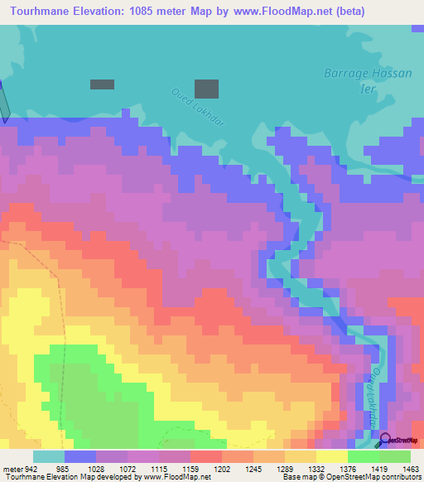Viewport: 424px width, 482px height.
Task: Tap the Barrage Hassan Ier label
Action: tap(367, 80)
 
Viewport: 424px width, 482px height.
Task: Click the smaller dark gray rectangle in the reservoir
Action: tap(102, 84)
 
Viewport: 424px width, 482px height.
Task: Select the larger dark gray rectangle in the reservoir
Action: tap(206, 89)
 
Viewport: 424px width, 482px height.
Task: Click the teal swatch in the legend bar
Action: tap(49, 457)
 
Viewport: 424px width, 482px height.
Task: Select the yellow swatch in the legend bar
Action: tap(332, 457)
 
